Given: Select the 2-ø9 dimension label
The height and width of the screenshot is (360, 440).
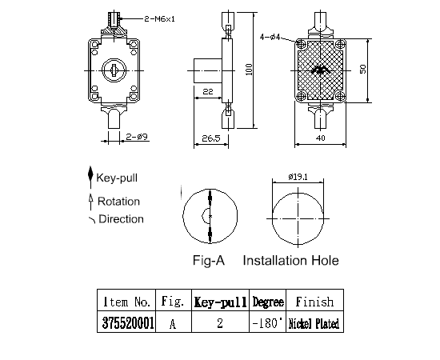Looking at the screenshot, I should coord(137,138).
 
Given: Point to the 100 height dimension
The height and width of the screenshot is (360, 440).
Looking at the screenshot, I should coord(249,71).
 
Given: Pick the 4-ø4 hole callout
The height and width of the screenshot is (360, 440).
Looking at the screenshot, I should coord(271,36).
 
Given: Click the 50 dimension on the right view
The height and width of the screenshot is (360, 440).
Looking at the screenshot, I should coord(362,70).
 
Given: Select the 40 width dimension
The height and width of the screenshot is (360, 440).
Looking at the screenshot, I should coord(320,138).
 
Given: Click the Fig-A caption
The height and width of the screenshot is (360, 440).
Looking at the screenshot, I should coord(210,260).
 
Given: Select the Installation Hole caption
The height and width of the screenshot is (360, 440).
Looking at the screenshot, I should coord(290,260).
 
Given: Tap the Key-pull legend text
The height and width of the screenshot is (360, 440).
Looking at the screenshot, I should coord(119,177).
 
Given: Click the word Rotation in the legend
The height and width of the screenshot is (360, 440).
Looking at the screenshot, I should coord(118,202).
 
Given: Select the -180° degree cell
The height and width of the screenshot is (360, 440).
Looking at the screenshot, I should coord(268,323).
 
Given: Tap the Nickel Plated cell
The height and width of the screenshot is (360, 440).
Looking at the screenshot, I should coord(314,323).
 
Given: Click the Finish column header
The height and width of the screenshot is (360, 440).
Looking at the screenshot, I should coord(314,302).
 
